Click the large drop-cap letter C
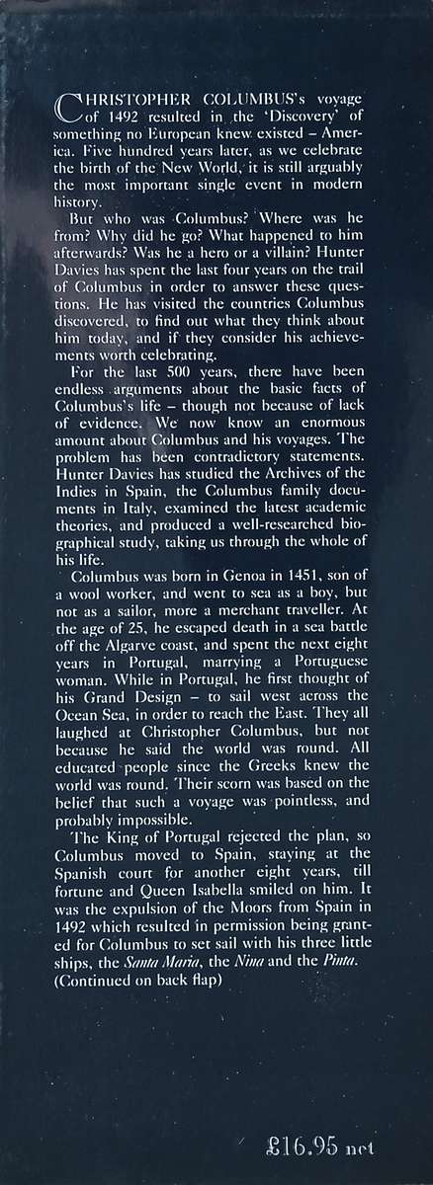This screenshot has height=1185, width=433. pyautogui.click(x=70, y=107)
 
